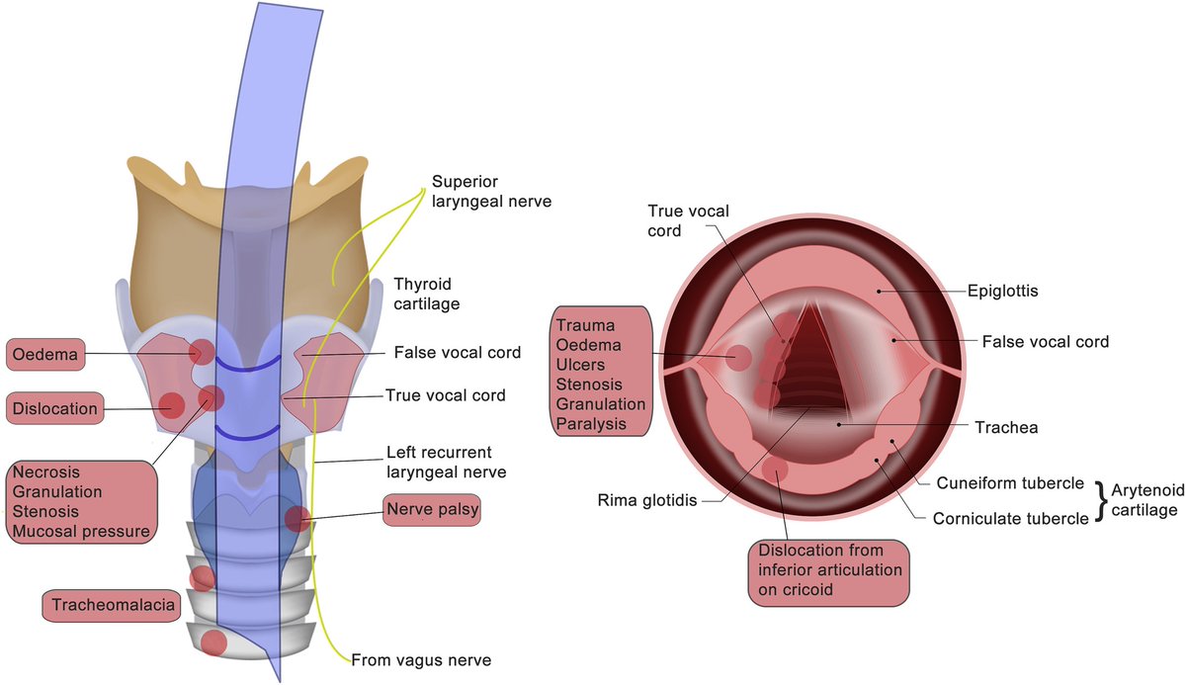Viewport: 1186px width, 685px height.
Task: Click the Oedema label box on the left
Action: click(x=45, y=352)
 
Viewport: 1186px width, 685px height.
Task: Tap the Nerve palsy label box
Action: click(x=421, y=511)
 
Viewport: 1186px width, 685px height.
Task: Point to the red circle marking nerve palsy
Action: click(x=297, y=518)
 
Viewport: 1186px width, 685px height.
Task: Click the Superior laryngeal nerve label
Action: click(x=491, y=192)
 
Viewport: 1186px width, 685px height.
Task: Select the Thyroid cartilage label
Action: click(x=427, y=293)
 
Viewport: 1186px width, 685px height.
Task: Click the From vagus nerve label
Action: click(x=421, y=659)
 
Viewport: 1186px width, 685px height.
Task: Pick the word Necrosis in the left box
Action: click(x=45, y=471)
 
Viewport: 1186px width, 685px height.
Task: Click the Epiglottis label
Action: click(x=1002, y=292)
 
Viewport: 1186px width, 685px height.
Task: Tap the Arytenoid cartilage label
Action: click(x=1144, y=500)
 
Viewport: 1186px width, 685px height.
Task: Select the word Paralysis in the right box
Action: click(x=590, y=423)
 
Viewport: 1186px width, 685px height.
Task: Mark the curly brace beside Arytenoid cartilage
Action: click(x=1101, y=500)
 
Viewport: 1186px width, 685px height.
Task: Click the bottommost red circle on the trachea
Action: click(x=213, y=642)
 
